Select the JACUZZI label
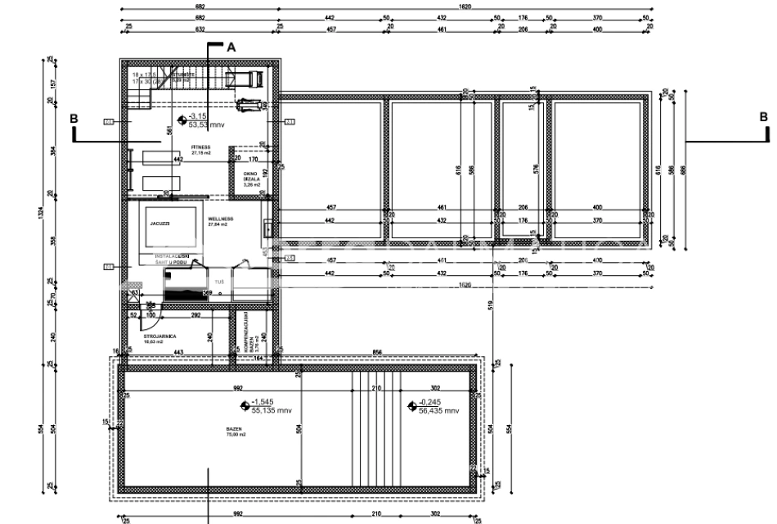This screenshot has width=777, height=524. pyautogui.click(x=159, y=223)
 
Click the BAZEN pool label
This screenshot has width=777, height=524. pyautogui.click(x=234, y=429)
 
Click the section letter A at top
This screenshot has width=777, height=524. pyautogui.click(x=231, y=47)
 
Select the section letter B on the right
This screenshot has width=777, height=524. pyautogui.click(x=763, y=118)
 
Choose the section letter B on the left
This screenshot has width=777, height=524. pyautogui.click(x=74, y=118)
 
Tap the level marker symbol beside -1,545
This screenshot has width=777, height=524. pyautogui.click(x=245, y=405)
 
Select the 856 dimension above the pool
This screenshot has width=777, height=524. pyautogui.click(x=378, y=352)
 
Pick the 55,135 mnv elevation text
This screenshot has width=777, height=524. pyautogui.click(x=272, y=411)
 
